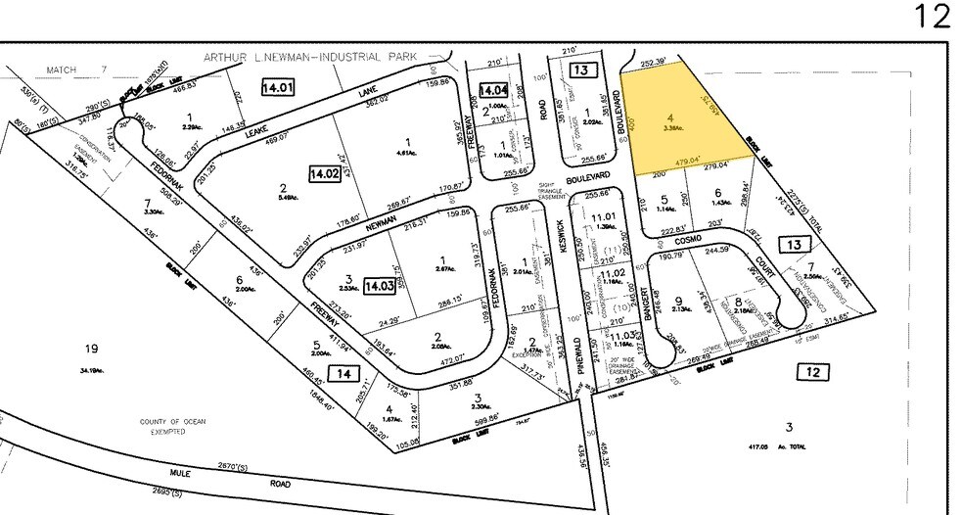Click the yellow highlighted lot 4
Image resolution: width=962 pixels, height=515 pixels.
[670, 122]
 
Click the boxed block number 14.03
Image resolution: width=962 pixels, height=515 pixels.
[378, 287]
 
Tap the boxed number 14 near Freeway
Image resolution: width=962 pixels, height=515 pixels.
[343, 373]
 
